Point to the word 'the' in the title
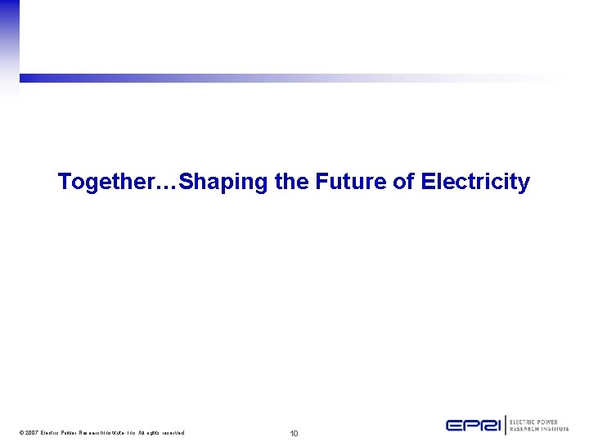tap(292, 182)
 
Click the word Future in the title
tap(350, 182)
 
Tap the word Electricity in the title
tap(475, 182)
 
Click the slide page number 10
tap(294, 432)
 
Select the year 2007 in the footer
tap(33, 432)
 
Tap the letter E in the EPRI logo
tap(455, 425)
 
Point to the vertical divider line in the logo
tap(506, 425)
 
